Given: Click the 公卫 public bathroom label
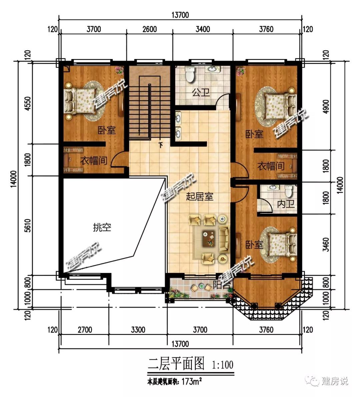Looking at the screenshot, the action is (x=201, y=93).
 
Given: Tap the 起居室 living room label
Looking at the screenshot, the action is (x=199, y=197).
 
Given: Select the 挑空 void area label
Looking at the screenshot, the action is (x=102, y=227).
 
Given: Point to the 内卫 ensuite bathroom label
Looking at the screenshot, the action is (x=286, y=204).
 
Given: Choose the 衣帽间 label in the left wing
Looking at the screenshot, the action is (x=94, y=161).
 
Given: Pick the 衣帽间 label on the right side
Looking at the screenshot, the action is (x=271, y=166).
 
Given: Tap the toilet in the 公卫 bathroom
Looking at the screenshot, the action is (x=190, y=74).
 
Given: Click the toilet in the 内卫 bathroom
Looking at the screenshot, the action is (x=289, y=191).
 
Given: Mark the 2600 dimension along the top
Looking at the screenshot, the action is (x=150, y=29).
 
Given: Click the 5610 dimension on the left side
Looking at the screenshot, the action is (x=28, y=225).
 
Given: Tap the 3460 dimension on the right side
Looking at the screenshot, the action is (x=326, y=245).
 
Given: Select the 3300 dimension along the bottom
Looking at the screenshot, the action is (x=138, y=330).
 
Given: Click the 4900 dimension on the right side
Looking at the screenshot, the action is (x=326, y=106).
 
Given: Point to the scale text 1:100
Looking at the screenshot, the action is (x=223, y=365).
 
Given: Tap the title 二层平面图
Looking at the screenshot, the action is (x=176, y=364).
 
